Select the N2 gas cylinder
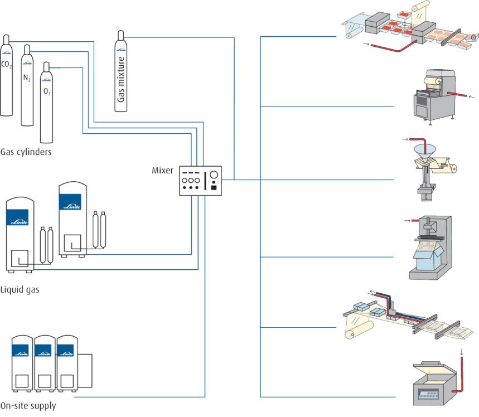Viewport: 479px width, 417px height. tap(27, 85)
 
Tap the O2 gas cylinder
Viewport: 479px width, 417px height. tap(46, 103)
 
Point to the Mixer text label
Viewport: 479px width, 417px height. tap(162, 171)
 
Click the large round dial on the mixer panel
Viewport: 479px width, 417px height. tap(214, 174)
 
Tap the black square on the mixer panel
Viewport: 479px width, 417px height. tap(214, 187)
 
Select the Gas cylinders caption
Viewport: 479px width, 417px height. tap(26, 152)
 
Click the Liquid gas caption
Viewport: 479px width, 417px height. tap(20, 289)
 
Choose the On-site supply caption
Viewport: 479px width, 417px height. tap(28, 406)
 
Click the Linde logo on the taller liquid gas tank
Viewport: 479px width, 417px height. tap(70, 202)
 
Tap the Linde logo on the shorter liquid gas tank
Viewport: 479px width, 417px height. tap(17, 217)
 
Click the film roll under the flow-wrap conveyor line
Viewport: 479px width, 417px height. tap(359, 329)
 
